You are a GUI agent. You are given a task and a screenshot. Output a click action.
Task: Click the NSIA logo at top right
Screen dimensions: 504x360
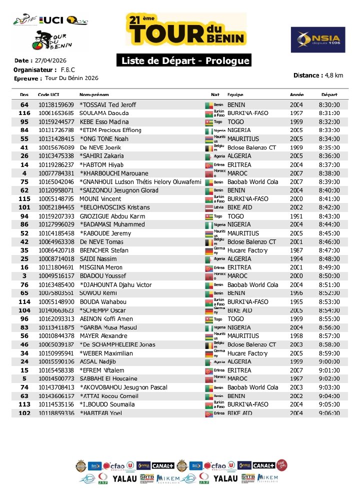[x=318, y=40]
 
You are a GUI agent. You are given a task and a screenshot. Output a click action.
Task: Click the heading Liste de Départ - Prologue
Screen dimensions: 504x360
[x=183, y=61]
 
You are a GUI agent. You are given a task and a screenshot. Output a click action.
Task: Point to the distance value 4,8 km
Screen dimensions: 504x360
[x=333, y=75]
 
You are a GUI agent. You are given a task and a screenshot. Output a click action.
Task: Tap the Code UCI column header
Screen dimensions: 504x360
[x=48, y=95]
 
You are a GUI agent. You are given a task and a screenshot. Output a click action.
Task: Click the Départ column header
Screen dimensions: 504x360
[x=329, y=95]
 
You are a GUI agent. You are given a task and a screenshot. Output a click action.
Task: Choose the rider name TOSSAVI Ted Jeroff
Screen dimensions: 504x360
[x=107, y=105]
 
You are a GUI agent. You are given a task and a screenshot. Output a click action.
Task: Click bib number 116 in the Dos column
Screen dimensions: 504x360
[x=24, y=113]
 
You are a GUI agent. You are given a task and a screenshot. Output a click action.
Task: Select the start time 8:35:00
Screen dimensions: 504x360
[x=329, y=147]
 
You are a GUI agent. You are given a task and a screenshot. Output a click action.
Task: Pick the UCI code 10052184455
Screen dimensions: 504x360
[x=56, y=207]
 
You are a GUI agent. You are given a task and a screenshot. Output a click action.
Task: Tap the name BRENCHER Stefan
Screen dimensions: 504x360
[x=102, y=250]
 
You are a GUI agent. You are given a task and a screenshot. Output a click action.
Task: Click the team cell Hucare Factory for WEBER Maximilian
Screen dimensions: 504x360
[x=247, y=353]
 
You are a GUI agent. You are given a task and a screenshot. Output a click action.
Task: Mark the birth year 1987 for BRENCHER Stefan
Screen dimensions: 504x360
[x=296, y=250]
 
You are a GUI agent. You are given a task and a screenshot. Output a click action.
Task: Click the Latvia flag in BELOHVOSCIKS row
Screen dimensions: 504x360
[x=209, y=207]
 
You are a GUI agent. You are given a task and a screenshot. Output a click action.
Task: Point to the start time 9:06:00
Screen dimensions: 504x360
[x=329, y=413]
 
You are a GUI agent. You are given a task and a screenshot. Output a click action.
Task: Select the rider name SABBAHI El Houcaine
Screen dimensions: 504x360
[x=108, y=378]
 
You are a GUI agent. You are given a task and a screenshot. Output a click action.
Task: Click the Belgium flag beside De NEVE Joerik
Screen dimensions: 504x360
[x=209, y=147]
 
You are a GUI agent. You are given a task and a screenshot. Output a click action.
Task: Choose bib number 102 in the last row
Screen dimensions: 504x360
[x=24, y=413]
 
